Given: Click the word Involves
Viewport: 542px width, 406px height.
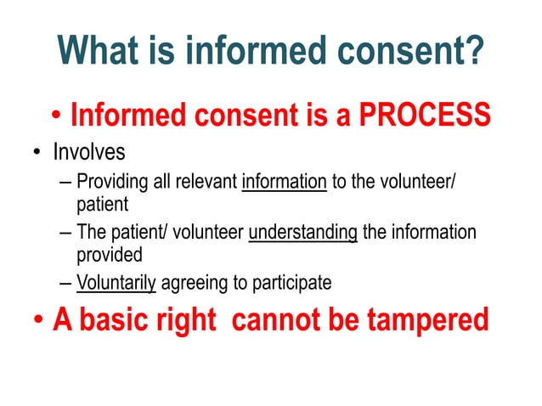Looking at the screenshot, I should pos(89,153).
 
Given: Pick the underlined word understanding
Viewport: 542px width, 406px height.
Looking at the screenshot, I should pos(302,232).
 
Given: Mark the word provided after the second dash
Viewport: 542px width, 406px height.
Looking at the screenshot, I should pos(109,253).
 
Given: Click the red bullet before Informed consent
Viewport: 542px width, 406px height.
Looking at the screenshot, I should pos(55,115).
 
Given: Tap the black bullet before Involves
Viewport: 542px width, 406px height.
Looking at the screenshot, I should pos(37,154).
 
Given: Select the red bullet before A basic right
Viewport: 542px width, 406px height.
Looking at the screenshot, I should pos(38,322).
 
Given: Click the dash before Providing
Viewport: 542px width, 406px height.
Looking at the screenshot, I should pos(67,182).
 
